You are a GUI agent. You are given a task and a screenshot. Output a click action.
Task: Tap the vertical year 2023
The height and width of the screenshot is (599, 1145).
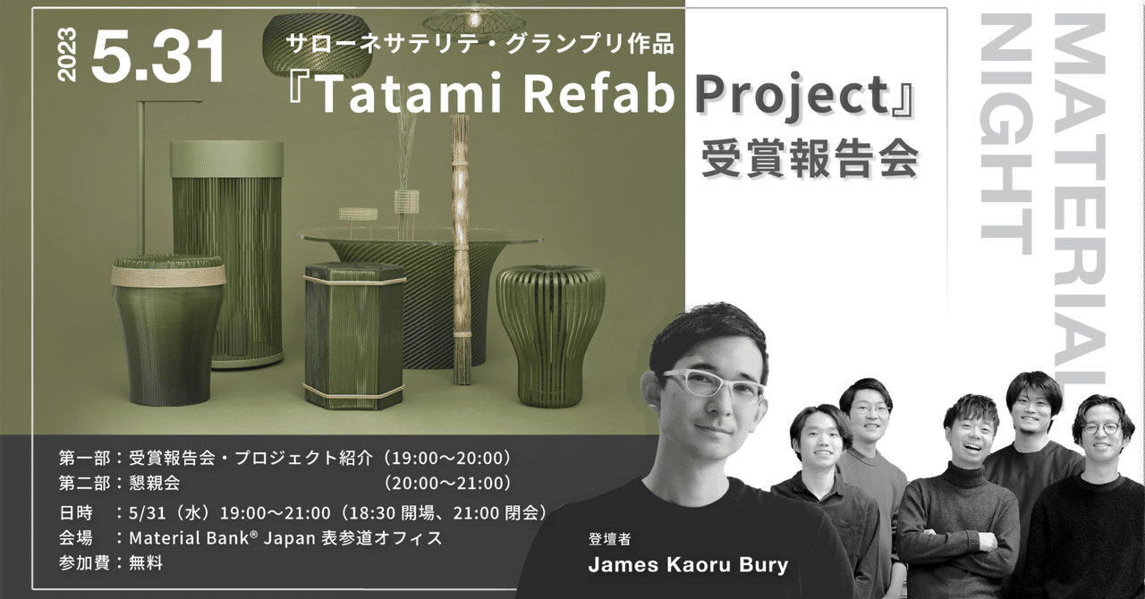(x=68, y=55)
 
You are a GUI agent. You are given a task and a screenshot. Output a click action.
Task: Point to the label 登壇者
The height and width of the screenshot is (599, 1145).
(x=609, y=539)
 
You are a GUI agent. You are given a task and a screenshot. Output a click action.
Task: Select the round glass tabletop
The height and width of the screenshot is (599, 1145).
(x=420, y=236)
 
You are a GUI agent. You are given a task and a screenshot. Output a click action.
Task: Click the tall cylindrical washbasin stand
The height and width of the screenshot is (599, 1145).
(x=227, y=250)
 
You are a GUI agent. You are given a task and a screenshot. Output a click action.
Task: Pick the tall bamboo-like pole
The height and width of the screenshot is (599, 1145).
(x=461, y=250)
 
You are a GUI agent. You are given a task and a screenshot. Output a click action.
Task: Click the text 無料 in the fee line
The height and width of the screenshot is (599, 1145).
(x=146, y=563)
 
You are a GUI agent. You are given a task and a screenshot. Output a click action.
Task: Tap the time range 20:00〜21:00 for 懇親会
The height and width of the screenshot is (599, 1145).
(x=447, y=484)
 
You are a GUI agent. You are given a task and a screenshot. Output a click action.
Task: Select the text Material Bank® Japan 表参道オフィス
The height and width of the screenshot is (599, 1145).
(x=285, y=538)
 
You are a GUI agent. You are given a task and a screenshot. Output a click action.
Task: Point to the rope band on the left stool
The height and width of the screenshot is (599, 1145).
(x=167, y=274)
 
